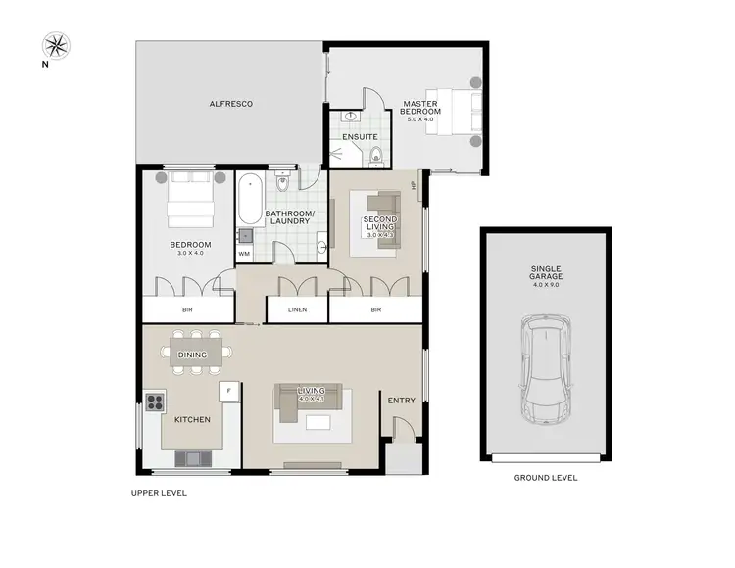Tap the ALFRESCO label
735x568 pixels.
(x=231, y=103)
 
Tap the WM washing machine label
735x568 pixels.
(x=244, y=255)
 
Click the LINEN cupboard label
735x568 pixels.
(x=298, y=310)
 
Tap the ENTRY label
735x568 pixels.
(x=402, y=400)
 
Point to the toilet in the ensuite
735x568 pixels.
(x=376, y=156)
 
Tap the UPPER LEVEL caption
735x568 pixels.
(x=159, y=493)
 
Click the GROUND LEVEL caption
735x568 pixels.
(x=546, y=478)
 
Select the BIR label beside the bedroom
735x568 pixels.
(x=187, y=310)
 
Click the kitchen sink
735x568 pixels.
(x=190, y=457)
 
